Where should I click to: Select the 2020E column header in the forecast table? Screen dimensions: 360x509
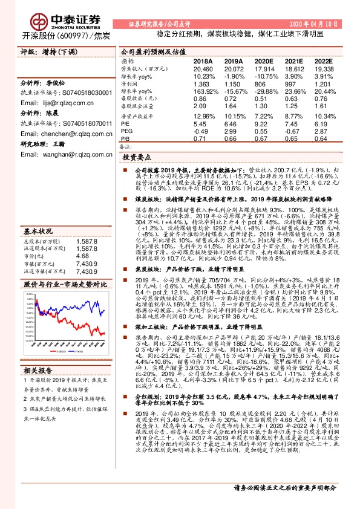264,62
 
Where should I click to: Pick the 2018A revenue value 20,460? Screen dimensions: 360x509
203,70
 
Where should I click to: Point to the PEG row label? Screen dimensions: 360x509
126,131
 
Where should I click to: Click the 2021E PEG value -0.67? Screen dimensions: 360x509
294,131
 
